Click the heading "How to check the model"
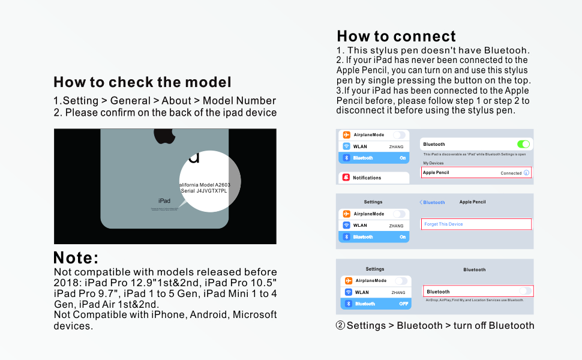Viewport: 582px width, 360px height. click(x=142, y=82)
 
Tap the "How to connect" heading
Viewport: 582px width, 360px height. click(x=396, y=36)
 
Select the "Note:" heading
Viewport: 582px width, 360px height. click(x=76, y=258)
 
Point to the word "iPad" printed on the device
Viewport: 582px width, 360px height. click(x=164, y=201)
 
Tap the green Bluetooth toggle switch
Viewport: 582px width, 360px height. click(x=523, y=144)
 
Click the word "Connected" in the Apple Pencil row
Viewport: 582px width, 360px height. click(x=511, y=173)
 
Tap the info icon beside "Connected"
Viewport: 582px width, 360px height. click(x=526, y=173)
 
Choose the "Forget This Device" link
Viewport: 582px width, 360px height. click(x=443, y=224)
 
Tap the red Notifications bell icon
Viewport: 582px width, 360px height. click(x=346, y=178)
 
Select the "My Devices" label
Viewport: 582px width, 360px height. click(x=433, y=163)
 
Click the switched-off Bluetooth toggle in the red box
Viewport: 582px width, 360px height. click(x=524, y=291)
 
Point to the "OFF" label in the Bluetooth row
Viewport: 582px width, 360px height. click(x=403, y=304)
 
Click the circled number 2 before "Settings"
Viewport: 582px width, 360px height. click(x=340, y=326)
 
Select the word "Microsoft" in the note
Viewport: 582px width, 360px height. click(x=254, y=314)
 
